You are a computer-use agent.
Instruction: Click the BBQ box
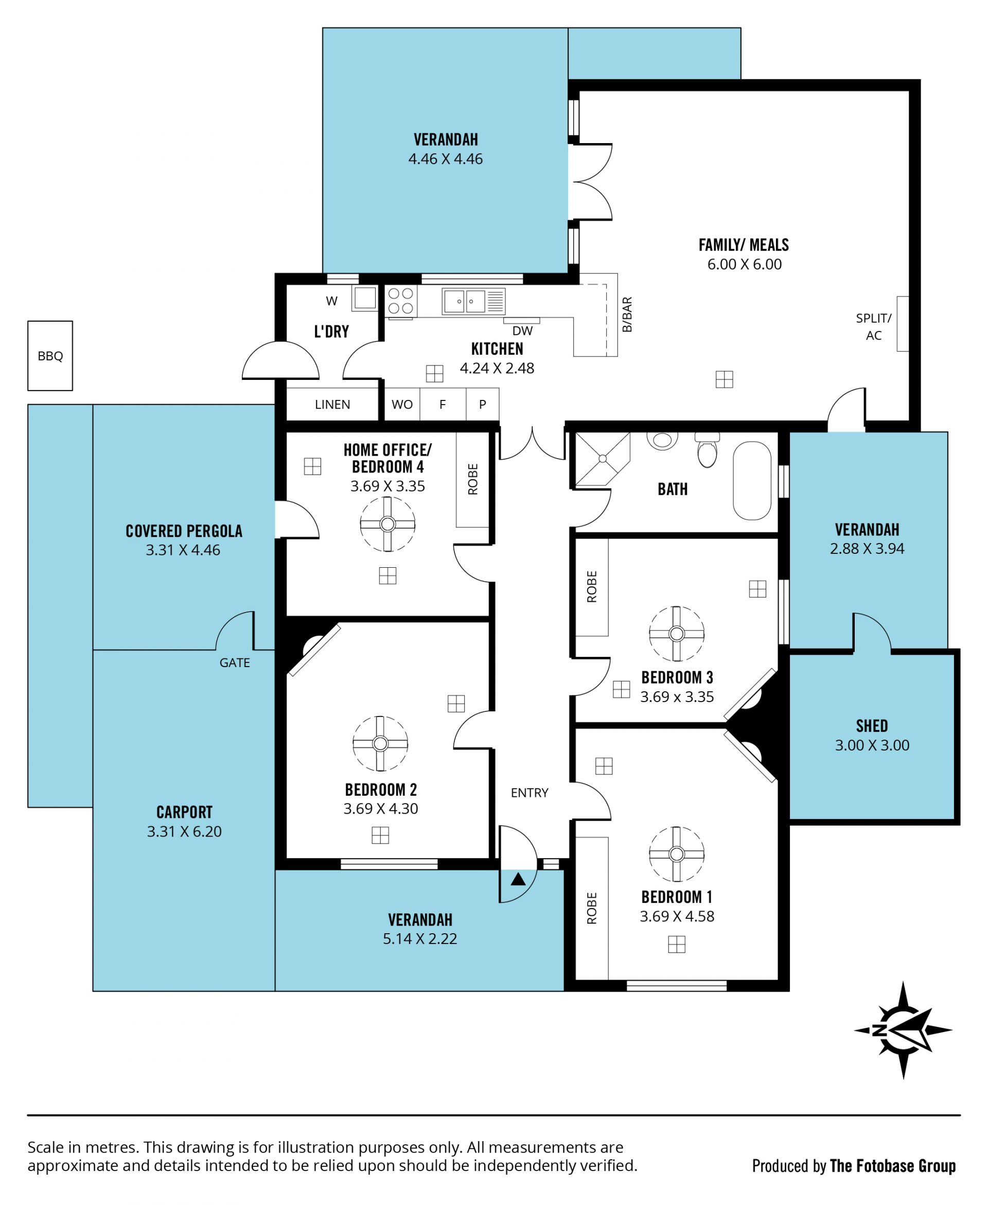click(50, 356)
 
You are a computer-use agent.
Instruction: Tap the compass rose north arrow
click(903, 1031)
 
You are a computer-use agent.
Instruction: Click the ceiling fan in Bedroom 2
click(380, 743)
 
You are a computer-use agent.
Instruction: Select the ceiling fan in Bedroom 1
click(677, 854)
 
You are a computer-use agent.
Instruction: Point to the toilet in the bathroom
click(708, 450)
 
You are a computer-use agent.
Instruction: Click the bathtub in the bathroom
click(752, 481)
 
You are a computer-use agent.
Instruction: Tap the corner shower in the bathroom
click(603, 459)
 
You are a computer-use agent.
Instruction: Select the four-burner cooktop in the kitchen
click(401, 301)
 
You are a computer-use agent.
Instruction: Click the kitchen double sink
click(473, 301)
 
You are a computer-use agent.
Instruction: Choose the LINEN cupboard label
click(332, 404)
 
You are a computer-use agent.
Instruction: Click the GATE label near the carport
click(235, 662)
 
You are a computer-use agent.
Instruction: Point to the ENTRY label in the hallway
click(530, 793)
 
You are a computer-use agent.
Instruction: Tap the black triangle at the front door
click(518, 879)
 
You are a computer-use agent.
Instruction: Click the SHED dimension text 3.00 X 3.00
click(872, 745)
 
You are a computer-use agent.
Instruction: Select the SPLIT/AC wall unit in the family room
click(903, 323)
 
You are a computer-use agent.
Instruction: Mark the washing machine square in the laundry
click(365, 298)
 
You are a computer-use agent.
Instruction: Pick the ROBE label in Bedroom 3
click(592, 587)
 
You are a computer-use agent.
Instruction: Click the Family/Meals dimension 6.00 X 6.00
click(745, 264)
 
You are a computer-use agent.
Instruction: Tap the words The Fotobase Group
click(893, 1166)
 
